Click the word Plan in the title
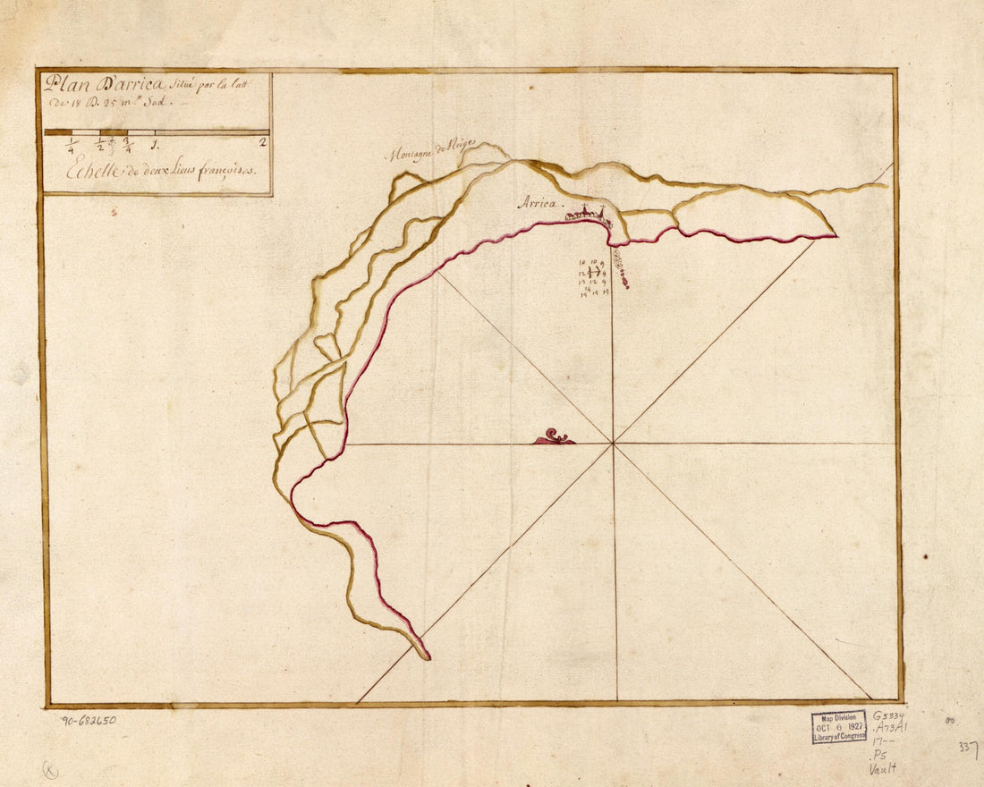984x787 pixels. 61,85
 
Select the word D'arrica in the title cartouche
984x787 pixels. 124,85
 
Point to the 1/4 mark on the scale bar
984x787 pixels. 72,146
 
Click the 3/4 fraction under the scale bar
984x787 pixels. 128,144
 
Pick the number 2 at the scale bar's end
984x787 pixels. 262,141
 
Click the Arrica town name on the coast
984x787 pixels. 538,204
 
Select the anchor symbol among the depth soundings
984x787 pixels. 593,272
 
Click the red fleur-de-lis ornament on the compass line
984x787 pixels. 555,436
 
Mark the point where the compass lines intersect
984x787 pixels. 614,443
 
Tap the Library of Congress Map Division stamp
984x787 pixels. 839,727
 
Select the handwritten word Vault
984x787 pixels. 883,767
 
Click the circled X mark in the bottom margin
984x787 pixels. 50,768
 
